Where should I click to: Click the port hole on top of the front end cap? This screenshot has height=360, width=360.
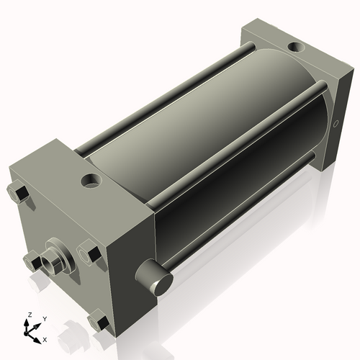pyautogui.click(x=92, y=179)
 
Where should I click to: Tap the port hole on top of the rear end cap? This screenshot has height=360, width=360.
pyautogui.click(x=295, y=48)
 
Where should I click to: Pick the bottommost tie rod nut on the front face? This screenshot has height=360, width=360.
pyautogui.click(x=99, y=321)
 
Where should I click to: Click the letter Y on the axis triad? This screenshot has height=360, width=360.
pyautogui.click(x=44, y=318)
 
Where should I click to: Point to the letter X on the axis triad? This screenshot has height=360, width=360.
pyautogui.click(x=45, y=338)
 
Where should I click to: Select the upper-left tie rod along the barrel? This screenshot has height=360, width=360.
pyautogui.click(x=158, y=101)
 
